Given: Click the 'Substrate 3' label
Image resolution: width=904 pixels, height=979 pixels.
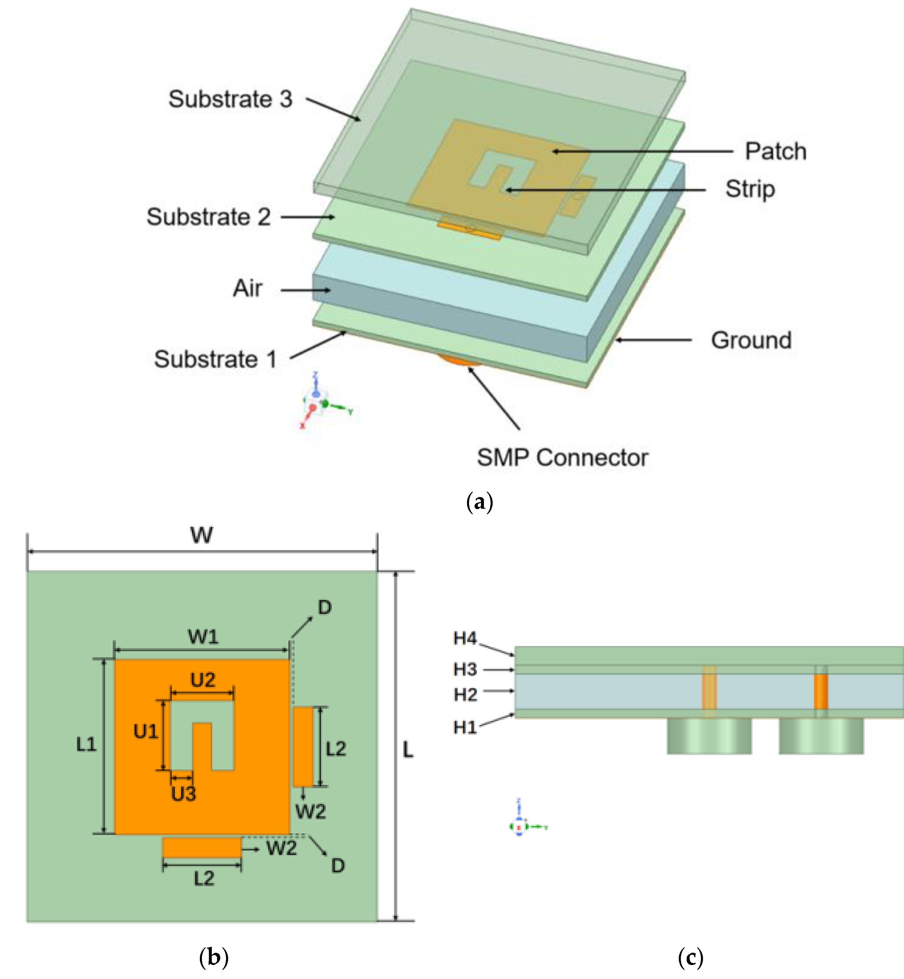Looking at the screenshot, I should click(x=230, y=99).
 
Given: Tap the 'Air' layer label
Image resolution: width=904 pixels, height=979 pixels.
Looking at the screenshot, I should click(x=248, y=288).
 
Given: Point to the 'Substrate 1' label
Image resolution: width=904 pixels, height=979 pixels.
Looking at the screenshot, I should click(x=215, y=359).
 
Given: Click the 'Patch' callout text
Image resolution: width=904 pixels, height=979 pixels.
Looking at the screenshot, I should click(x=775, y=151).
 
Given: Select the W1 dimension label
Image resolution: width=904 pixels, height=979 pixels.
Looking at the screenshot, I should click(x=203, y=637).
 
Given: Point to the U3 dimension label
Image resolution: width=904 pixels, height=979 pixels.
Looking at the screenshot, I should click(x=184, y=794).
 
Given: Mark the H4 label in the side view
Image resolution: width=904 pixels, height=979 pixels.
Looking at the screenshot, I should click(x=465, y=638).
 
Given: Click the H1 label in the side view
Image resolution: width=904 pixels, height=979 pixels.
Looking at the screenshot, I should click(x=465, y=728).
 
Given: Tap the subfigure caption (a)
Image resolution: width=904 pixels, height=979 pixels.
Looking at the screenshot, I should click(x=480, y=502).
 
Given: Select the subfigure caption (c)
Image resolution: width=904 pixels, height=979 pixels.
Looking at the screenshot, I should click(x=690, y=957).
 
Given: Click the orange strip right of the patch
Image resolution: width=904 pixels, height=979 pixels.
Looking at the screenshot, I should click(x=303, y=746).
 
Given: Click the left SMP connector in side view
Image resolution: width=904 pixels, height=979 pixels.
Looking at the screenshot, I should click(x=709, y=736).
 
